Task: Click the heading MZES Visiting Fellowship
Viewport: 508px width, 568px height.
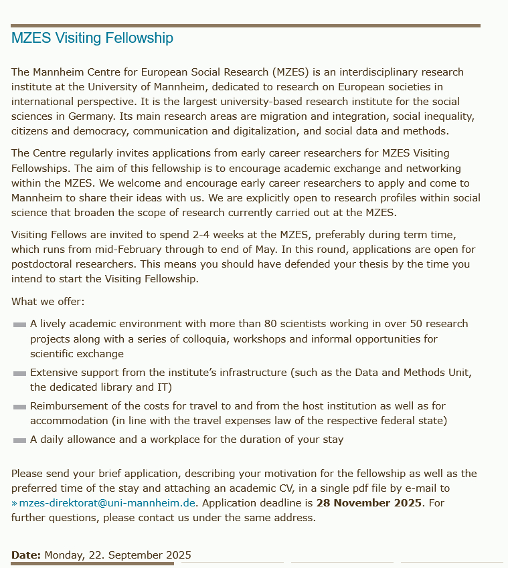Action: [x=92, y=38]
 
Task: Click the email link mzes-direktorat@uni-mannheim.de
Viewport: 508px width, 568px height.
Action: [x=107, y=503]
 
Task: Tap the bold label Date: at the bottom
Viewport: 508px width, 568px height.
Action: [x=26, y=555]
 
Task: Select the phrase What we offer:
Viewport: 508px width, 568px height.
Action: [x=48, y=302]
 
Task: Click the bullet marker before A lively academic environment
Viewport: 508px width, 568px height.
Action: [x=19, y=324]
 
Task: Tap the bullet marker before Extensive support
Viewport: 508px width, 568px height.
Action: [x=19, y=373]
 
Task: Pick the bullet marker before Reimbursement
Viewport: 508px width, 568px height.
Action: [x=19, y=407]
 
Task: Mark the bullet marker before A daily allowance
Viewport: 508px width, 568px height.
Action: [x=19, y=440]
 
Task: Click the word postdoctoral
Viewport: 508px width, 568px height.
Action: [x=45, y=264]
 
